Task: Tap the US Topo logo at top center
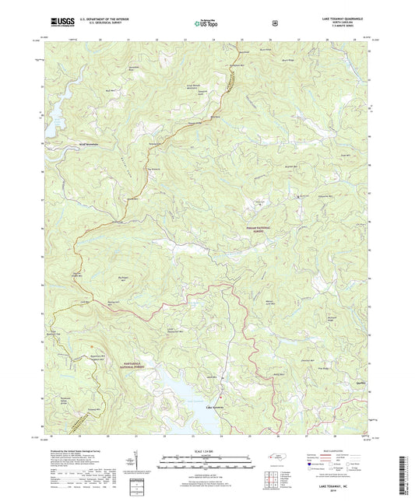205,25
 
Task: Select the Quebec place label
360,392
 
